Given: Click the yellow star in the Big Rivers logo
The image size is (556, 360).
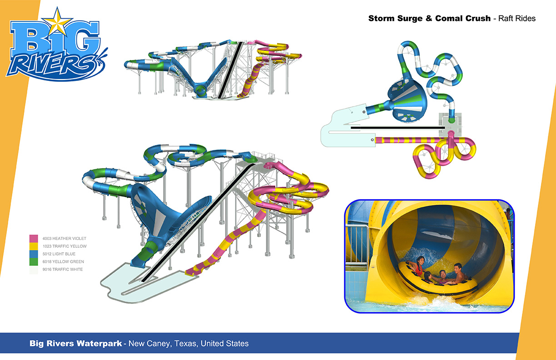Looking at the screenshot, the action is coord(58,22).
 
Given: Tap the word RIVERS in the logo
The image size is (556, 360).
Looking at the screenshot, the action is coord(51,65).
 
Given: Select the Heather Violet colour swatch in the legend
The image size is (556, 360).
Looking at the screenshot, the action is coord(34,239).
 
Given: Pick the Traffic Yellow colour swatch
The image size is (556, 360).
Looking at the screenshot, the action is coord(34,246).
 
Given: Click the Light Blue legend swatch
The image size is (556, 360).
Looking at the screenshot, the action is coord(34,254).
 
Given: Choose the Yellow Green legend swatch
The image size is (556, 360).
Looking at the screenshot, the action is coord(34,262).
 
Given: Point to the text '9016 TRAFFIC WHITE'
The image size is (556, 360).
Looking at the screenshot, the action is coord(63,269).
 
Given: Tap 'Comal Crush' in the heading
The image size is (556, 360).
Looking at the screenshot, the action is coord(463,18).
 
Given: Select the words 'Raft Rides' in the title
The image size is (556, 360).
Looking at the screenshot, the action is coord(517,18).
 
